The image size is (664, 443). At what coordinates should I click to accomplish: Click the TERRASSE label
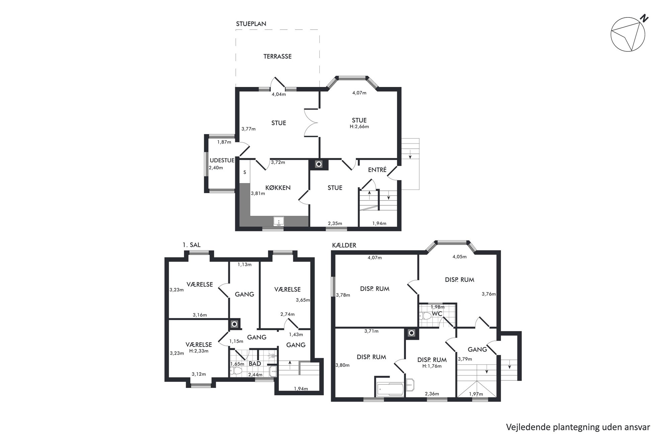(277, 56)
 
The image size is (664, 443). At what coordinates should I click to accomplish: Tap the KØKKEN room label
(278, 188)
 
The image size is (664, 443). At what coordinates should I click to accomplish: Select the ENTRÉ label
(377, 170)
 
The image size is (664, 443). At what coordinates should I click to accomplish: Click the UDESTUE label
(222, 160)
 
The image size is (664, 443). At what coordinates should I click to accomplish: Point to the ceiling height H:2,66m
(359, 127)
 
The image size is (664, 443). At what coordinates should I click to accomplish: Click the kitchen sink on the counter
(278, 221)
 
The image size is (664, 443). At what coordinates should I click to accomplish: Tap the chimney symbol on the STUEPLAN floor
(319, 164)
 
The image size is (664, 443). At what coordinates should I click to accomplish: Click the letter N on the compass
(644, 19)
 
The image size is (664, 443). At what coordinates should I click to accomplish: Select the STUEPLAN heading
(251, 24)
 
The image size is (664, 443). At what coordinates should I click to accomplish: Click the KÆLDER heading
(344, 245)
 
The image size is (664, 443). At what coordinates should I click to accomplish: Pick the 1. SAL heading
(191, 245)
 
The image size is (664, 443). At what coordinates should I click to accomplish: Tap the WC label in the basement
(437, 314)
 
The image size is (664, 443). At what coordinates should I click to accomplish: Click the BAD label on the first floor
(255, 364)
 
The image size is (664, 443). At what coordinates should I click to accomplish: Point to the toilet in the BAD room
(237, 371)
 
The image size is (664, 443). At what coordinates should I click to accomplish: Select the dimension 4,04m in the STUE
(278, 94)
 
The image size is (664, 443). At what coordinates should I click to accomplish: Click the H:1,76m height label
(432, 366)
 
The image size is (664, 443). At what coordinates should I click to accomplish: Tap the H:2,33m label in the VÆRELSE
(199, 351)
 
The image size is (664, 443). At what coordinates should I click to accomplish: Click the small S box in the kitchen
(245, 172)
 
